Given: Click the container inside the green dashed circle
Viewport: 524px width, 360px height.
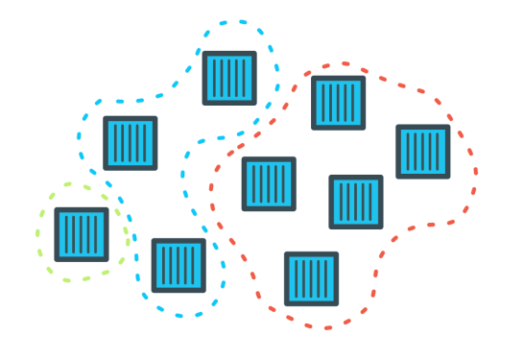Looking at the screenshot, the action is point(82,234).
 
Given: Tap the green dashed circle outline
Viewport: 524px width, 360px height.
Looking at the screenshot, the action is point(39,234).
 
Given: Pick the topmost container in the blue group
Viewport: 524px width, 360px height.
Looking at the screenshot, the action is point(230,78).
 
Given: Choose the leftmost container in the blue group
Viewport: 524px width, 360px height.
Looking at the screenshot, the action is point(131,143).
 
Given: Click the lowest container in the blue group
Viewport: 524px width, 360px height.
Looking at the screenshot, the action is point(179,266).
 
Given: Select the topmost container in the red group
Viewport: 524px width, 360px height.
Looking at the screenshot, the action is point(339,103).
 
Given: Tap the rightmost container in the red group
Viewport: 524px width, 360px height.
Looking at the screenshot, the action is point(423,152).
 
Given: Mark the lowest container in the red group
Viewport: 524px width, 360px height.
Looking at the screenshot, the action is point(312,278).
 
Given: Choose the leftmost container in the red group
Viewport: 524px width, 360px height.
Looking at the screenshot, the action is point(270,183).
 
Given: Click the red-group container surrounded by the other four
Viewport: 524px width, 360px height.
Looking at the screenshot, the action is point(356,202).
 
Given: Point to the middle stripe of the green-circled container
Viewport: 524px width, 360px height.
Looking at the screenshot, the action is point(82,234).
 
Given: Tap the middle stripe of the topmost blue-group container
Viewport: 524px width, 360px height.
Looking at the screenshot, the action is point(230,78).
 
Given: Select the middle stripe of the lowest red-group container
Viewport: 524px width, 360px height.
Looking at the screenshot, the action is point(312,278).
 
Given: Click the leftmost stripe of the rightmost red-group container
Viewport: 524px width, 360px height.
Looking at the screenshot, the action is point(409,152).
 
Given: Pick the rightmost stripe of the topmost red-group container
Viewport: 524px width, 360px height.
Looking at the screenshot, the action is point(353,103).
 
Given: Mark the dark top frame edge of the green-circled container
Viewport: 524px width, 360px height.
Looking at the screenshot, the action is point(82,210).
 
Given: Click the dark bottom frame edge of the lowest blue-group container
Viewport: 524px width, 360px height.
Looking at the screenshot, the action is point(179,290).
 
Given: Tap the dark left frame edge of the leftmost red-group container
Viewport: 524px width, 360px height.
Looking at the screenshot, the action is point(246,183).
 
